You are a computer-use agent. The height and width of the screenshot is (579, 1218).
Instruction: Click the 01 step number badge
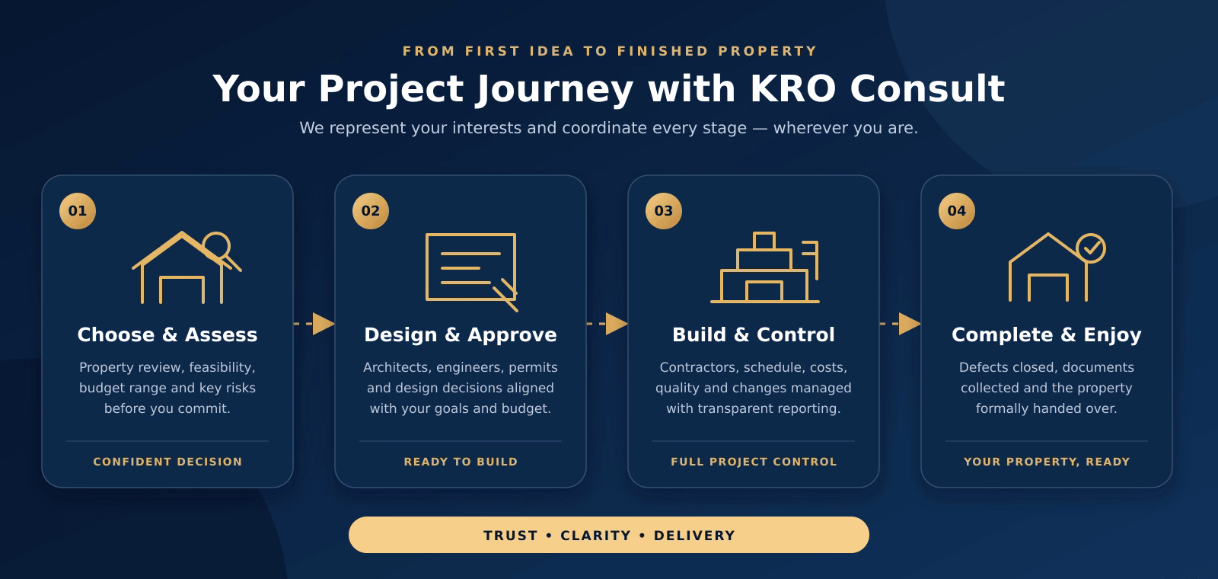[78, 211]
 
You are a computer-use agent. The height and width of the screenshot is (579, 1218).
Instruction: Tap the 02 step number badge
[371, 211]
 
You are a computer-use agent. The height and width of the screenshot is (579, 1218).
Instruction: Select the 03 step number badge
[664, 211]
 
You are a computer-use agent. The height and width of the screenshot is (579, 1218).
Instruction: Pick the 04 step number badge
[957, 211]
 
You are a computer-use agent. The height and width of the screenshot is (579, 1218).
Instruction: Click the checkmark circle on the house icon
[1091, 248]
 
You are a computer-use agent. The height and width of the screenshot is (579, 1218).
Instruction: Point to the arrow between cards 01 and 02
[314, 324]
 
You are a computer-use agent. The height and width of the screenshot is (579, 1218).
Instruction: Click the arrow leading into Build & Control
[607, 324]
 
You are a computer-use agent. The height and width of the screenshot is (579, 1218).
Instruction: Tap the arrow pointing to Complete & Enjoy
[901, 324]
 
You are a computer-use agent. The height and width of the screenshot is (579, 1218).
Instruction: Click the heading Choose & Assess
[167, 334]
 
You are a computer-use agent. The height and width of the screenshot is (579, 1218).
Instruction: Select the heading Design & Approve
[461, 335]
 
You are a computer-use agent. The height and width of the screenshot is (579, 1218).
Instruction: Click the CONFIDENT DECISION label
[167, 462]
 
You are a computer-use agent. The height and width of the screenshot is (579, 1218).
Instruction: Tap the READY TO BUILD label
[461, 462]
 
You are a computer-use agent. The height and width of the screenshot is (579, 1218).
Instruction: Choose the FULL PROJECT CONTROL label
[754, 462]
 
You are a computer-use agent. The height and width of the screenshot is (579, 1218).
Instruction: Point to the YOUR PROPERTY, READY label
[1047, 462]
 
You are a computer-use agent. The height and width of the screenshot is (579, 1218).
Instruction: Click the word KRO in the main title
[792, 88]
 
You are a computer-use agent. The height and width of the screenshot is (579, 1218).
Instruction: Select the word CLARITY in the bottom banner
[596, 536]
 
